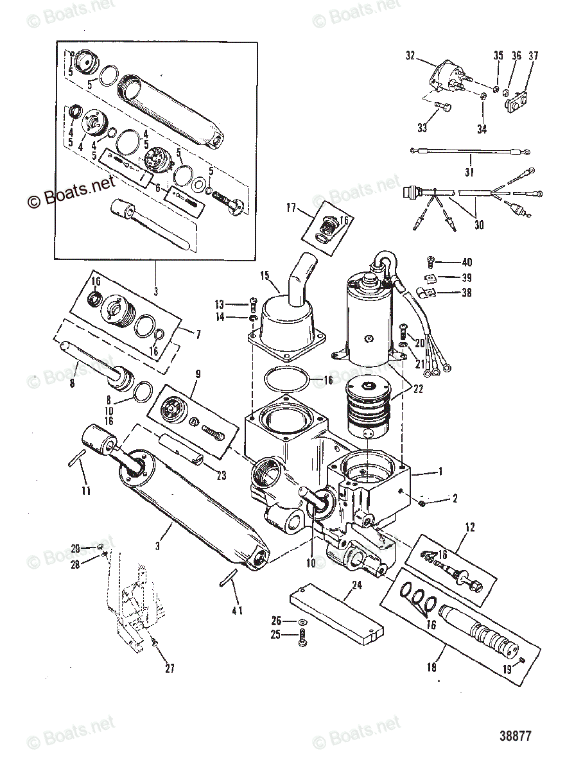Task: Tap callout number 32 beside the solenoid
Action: coord(410,55)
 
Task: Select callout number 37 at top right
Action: coord(533,56)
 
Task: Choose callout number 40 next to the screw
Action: coord(467,262)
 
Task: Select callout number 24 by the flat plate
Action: coord(356,585)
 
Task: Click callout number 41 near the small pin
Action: coord(237,609)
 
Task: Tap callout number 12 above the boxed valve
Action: coord(470,527)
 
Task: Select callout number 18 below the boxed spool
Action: coord(431,668)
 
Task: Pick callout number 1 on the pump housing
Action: coord(440,472)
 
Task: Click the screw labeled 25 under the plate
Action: coord(303,635)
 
